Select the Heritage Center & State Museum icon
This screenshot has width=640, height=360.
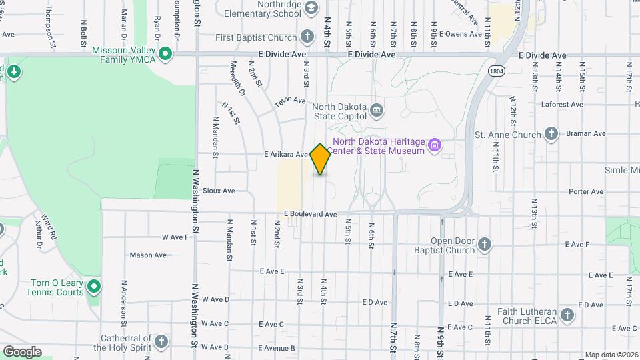point(435,145)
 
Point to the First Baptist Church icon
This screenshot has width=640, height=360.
point(307,36)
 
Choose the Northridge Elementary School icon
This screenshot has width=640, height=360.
point(311,8)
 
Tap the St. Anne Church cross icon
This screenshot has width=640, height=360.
point(551,134)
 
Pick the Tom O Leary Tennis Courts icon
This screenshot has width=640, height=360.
point(94,287)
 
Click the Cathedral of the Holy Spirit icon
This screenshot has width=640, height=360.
point(161,343)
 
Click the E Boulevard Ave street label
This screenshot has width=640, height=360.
point(310,214)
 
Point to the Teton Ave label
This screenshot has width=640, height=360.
point(291,101)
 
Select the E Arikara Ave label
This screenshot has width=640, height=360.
point(285,154)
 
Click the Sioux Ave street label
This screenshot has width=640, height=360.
point(219,191)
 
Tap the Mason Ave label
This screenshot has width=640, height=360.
point(148,255)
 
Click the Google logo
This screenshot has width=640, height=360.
point(22,351)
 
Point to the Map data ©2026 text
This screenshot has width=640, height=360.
point(611,355)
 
